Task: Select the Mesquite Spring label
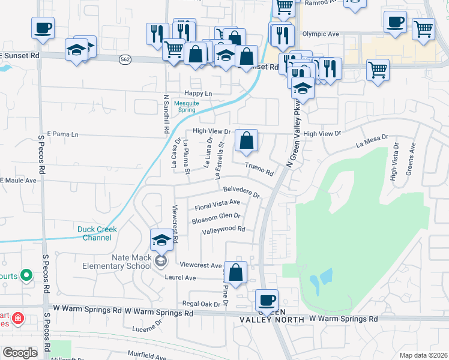click(185, 106)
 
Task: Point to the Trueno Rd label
click(259, 169)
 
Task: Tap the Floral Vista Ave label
click(217, 205)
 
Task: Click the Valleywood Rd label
click(224, 230)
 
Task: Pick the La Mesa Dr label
click(373, 142)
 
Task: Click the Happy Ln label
click(198, 94)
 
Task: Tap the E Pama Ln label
click(62, 134)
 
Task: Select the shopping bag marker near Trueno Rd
click(246, 142)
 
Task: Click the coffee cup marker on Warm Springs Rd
click(267, 300)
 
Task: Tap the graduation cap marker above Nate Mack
click(161, 241)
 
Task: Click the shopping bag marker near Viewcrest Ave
click(237, 272)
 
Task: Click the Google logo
click(20, 352)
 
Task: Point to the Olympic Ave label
click(322, 34)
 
